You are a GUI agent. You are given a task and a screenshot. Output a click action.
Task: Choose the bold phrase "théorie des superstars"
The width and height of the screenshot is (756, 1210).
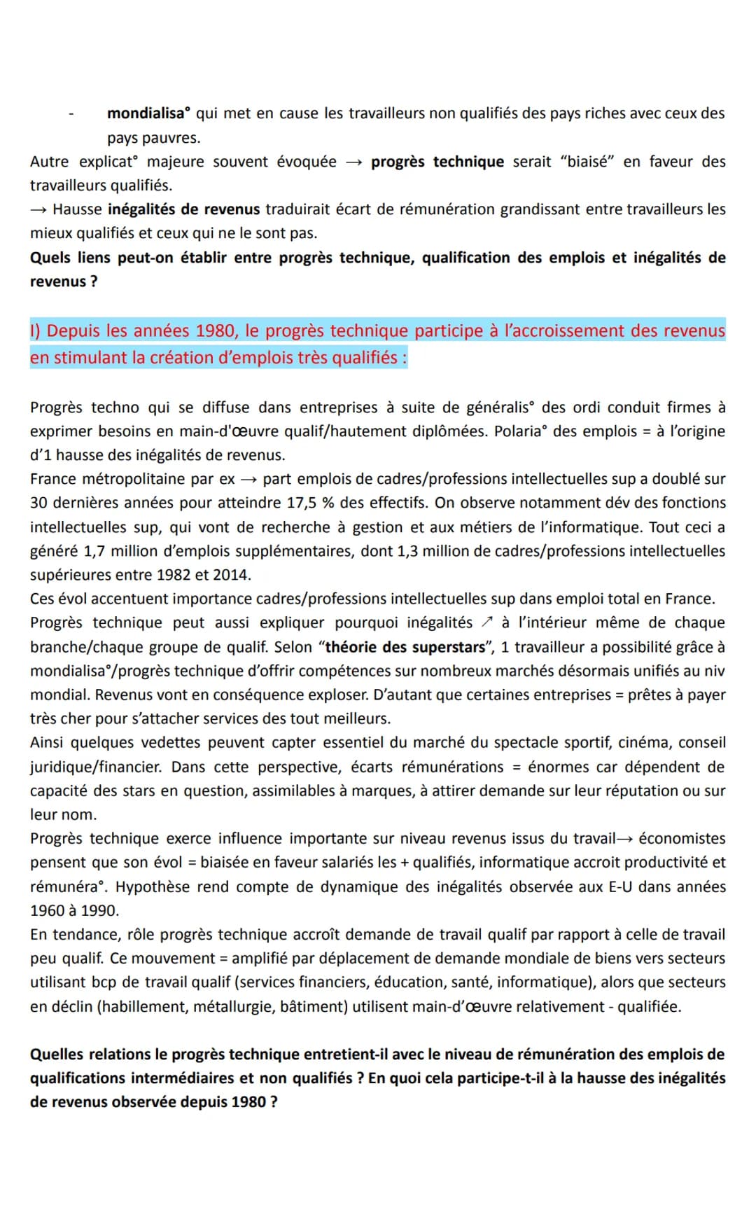405,647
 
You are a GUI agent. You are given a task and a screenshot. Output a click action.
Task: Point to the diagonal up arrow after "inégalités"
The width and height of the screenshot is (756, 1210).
487,623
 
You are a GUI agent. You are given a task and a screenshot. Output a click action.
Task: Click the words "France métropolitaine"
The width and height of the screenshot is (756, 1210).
120,479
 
